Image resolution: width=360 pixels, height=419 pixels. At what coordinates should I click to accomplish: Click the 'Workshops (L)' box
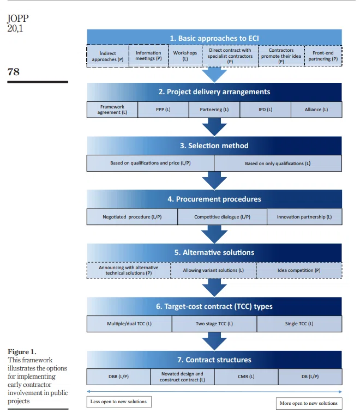185,56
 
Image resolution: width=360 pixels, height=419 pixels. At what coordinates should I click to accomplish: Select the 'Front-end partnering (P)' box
323,56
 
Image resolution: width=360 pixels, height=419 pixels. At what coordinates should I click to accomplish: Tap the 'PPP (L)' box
163,110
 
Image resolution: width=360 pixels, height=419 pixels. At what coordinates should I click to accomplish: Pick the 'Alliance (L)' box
316,110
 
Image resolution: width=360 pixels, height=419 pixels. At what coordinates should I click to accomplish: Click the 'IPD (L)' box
265,110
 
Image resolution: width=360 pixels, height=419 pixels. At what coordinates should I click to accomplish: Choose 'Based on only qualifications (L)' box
278,163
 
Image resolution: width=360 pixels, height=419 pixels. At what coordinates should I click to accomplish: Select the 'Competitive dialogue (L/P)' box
222,217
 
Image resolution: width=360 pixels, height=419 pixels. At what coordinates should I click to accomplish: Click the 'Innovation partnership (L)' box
304,217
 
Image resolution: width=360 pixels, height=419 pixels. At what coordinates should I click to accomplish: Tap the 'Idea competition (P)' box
299,270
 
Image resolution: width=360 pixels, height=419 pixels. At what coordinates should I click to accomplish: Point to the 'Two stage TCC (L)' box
214,324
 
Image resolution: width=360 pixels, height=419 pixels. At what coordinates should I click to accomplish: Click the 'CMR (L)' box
246,377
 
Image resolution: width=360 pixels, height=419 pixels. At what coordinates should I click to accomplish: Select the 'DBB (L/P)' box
118,377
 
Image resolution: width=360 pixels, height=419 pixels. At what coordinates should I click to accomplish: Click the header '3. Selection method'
214,145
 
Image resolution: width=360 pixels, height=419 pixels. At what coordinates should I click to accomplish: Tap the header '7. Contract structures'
214,360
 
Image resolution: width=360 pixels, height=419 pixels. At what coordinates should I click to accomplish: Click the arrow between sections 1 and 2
214,75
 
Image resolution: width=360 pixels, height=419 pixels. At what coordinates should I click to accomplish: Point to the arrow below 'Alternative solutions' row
214,288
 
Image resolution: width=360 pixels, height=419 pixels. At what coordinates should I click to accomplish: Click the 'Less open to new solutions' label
119,402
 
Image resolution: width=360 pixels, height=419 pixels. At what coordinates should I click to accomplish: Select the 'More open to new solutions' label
309,403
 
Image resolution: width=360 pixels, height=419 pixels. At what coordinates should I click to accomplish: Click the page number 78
14,71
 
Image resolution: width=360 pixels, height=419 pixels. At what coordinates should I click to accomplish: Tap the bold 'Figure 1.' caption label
22,351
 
